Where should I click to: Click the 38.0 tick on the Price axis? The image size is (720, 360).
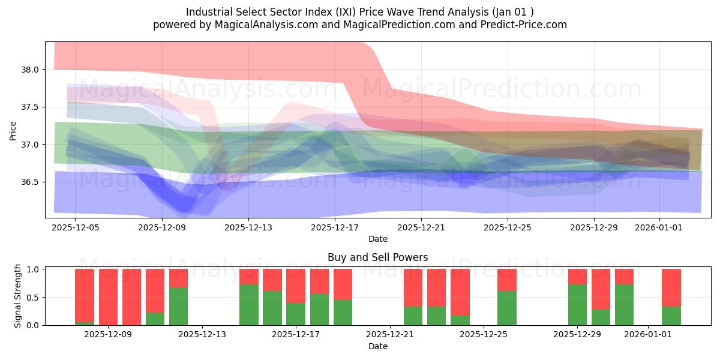(x=30, y=70)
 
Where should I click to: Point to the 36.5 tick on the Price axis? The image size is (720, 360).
(x=30, y=182)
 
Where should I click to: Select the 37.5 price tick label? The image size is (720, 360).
(x=30, y=107)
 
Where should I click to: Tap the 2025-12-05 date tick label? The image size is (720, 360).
(x=75, y=227)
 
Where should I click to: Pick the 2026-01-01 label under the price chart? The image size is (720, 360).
(x=659, y=227)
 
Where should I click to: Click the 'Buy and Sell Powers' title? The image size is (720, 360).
(x=377, y=257)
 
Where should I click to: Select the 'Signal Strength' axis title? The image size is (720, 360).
(x=18, y=296)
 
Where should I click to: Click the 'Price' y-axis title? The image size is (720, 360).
(x=13, y=130)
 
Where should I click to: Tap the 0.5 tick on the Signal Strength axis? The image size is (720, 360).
(x=34, y=297)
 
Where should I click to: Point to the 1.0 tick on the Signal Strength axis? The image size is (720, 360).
(x=34, y=269)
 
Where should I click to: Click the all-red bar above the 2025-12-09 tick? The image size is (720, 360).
(x=108, y=297)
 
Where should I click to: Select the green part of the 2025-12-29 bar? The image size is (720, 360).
(x=577, y=305)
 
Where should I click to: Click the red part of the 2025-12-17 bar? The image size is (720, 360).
(x=296, y=286)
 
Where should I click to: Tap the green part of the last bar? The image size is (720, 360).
(x=671, y=316)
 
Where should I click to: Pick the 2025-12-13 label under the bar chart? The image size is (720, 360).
(x=202, y=334)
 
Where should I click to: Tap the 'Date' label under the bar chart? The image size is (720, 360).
(x=377, y=346)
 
